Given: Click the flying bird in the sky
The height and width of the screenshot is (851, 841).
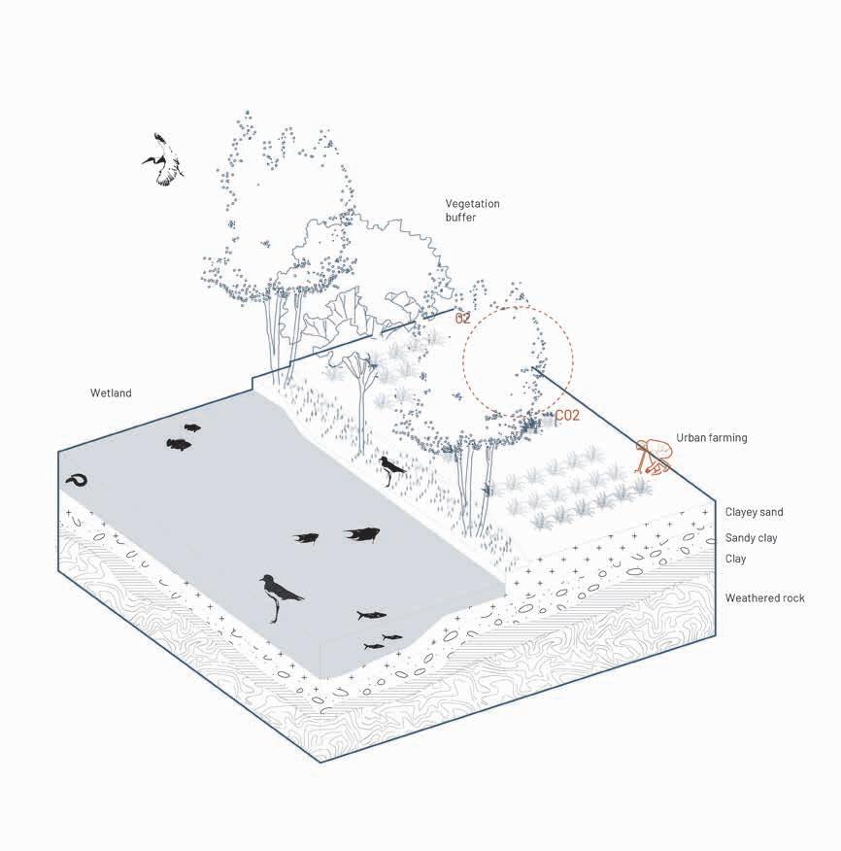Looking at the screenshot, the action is tap(165, 160).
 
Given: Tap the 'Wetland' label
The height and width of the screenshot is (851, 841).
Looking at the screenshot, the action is tap(111, 392).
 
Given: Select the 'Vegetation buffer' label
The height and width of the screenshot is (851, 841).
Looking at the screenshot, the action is tap(472, 211).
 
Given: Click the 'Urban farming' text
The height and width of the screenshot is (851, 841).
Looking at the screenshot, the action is tap(711, 438).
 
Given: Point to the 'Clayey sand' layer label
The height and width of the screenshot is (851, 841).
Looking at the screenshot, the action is tap(754, 512).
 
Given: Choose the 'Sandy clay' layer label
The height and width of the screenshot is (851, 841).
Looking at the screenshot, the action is tap(751, 538).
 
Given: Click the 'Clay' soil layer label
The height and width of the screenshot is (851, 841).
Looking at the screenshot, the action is tap(735, 559).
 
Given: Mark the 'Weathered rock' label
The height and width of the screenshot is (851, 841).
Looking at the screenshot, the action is tap(764, 598).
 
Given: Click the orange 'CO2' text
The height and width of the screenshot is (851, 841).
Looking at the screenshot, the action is tap(567, 416).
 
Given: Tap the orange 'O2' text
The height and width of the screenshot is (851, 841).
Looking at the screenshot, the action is tap(462, 319).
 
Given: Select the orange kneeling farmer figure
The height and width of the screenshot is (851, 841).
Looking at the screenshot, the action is tap(654, 457).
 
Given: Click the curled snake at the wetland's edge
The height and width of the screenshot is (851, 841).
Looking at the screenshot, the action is tap(77, 480).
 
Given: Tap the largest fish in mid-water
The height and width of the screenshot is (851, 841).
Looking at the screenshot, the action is tap(362, 533).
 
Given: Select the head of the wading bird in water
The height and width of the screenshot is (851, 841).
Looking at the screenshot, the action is tap(266, 580).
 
